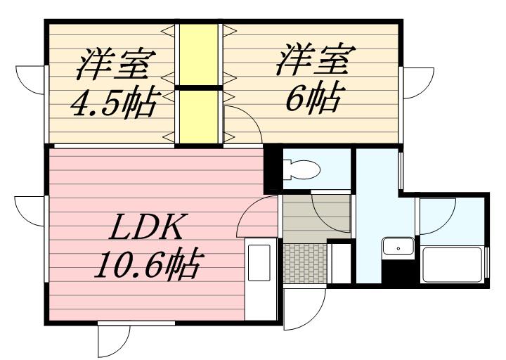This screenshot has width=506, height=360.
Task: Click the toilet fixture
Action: pyautogui.click(x=302, y=169)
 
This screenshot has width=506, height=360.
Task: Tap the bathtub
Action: pyautogui.click(x=451, y=264)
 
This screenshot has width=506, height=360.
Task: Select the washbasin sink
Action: pyautogui.click(x=398, y=248)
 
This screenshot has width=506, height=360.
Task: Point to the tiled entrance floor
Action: pyautogui.click(x=305, y=263)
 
